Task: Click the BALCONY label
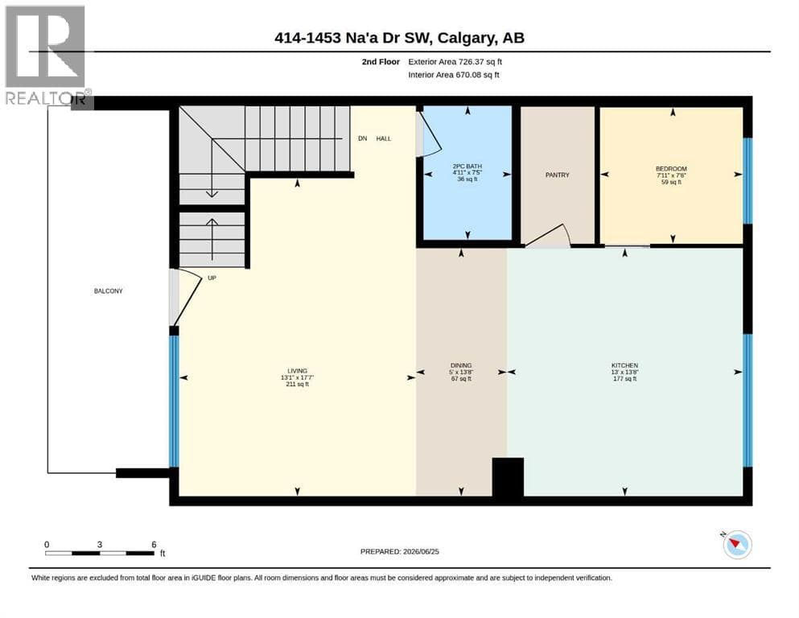(x=108, y=291)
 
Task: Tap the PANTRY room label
(x=557, y=175)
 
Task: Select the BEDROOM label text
(x=671, y=169)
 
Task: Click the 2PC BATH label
(x=467, y=166)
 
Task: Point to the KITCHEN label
(x=624, y=365)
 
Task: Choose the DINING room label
(x=461, y=365)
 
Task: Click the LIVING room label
(x=297, y=371)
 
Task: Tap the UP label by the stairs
(x=212, y=278)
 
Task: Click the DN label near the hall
(x=362, y=138)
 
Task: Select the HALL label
(x=384, y=138)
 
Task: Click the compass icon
(x=737, y=544)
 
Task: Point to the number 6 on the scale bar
(x=154, y=545)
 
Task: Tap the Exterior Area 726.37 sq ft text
(x=455, y=62)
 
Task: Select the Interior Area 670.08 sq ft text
(x=454, y=75)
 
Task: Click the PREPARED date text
(x=399, y=551)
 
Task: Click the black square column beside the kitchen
(x=508, y=476)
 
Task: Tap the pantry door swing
(x=548, y=236)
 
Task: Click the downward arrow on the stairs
(x=212, y=168)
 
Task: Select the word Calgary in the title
(x=466, y=38)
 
